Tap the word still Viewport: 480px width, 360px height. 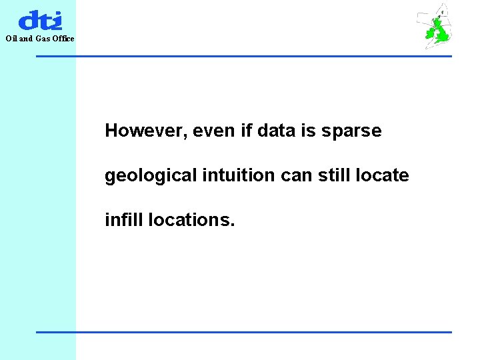tap(334, 175)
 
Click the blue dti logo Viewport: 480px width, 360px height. tap(40, 20)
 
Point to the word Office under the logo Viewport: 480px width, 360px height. tap(64, 39)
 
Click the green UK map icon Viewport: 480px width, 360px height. tap(437, 28)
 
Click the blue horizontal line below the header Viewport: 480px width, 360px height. tap(243, 56)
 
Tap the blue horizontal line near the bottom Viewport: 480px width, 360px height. tap(243, 332)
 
